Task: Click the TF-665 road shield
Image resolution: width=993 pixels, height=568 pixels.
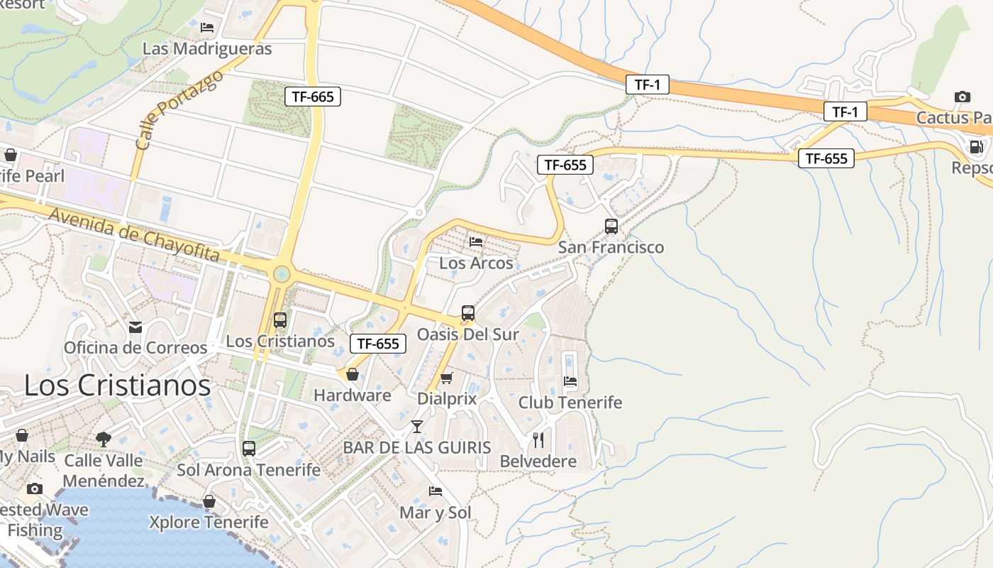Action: click(x=313, y=97)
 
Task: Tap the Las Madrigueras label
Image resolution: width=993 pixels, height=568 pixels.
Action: click(x=207, y=49)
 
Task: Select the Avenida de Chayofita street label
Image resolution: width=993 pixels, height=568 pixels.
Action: click(x=134, y=232)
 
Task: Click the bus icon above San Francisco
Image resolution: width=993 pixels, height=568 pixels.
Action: click(x=611, y=226)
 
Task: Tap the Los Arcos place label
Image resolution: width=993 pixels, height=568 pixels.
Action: click(x=476, y=263)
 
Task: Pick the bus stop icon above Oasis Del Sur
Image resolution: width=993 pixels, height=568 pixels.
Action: click(x=468, y=313)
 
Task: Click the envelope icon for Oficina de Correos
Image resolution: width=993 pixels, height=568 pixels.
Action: click(x=135, y=327)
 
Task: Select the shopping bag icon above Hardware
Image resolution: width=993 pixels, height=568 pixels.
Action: click(x=353, y=374)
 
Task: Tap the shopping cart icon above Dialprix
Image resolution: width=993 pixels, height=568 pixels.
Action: click(x=447, y=378)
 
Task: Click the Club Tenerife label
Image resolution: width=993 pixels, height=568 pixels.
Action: click(x=570, y=403)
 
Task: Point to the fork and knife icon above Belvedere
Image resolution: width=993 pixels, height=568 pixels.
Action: click(x=538, y=440)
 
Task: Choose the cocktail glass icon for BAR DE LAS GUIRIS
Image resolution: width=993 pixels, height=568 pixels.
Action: click(x=417, y=427)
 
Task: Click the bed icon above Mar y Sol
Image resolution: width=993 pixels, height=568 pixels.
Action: click(x=436, y=491)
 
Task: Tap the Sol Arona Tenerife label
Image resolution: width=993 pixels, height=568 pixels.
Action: click(x=248, y=470)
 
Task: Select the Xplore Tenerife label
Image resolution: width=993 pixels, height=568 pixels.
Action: click(x=209, y=523)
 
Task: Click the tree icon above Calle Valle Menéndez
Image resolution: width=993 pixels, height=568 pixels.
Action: click(x=104, y=439)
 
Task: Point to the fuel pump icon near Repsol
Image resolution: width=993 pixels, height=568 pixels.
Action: click(x=977, y=147)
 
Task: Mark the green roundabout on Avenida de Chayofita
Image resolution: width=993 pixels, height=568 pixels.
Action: click(x=282, y=273)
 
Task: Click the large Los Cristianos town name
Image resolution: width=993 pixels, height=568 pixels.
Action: click(x=118, y=386)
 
